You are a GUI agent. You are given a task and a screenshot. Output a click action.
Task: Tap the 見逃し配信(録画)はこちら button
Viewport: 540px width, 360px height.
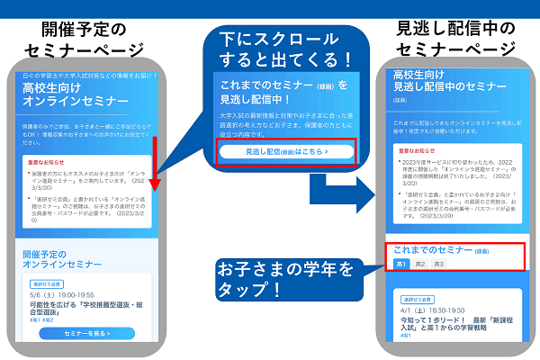coord(286,152)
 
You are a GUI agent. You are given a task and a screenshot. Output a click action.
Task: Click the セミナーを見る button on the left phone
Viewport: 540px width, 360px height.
coord(87,333)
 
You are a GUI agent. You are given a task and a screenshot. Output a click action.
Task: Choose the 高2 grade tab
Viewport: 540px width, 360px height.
coord(418,264)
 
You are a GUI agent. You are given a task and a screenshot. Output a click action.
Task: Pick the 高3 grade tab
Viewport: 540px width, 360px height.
coord(438,264)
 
